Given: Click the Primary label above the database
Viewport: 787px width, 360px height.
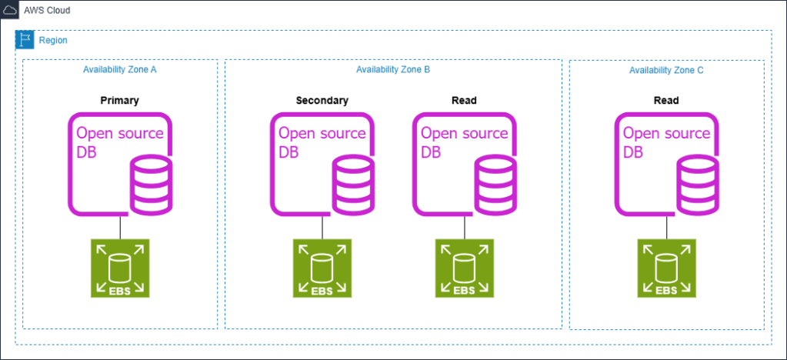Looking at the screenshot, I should pyautogui.click(x=119, y=100).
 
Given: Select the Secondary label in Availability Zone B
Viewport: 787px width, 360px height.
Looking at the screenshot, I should pyautogui.click(x=322, y=100).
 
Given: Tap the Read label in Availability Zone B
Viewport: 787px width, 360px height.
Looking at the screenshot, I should pyautogui.click(x=464, y=100).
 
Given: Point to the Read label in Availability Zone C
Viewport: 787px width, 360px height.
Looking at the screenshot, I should pyautogui.click(x=666, y=100).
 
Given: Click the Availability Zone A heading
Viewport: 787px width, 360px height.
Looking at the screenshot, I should pyautogui.click(x=120, y=70).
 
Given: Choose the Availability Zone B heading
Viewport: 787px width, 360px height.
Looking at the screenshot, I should pyautogui.click(x=392, y=70).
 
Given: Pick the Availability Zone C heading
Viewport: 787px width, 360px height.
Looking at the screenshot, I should pyautogui.click(x=666, y=70).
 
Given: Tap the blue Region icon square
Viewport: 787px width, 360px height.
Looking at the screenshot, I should pyautogui.click(x=25, y=39).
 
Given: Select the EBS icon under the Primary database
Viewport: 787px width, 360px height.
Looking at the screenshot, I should pyautogui.click(x=120, y=268).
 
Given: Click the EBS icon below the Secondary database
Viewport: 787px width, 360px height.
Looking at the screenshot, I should pyautogui.click(x=322, y=268).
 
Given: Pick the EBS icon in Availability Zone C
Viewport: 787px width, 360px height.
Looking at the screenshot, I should pyautogui.click(x=667, y=268).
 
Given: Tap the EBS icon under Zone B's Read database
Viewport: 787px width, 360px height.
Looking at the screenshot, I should pyautogui.click(x=464, y=268).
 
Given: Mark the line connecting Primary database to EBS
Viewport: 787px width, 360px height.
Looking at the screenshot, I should pyautogui.click(x=120, y=228).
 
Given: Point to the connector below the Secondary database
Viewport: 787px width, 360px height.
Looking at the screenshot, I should pyautogui.click(x=322, y=228).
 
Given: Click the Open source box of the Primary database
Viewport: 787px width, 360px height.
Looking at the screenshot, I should pyautogui.click(x=120, y=132).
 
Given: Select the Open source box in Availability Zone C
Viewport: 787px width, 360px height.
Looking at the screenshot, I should pyautogui.click(x=667, y=132).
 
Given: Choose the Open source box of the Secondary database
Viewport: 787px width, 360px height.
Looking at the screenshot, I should pyautogui.click(x=322, y=132).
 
